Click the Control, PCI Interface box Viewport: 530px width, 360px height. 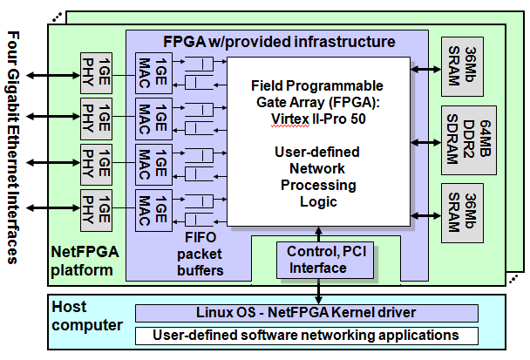(x=320, y=259)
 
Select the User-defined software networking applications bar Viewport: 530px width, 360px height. (x=307, y=335)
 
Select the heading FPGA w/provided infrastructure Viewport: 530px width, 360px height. (x=280, y=42)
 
